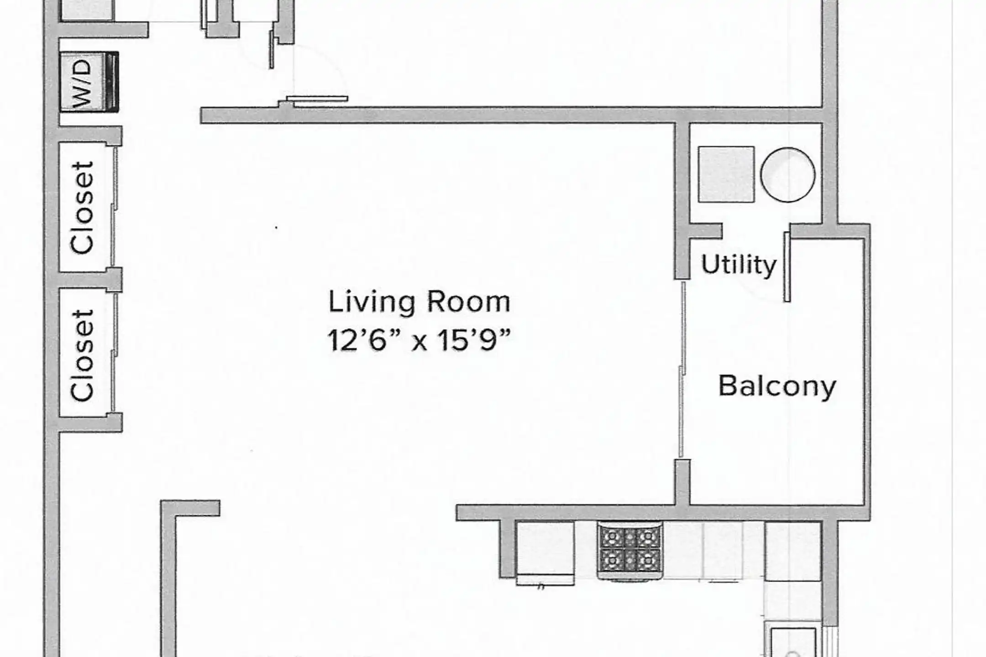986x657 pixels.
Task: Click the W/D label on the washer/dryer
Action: click(x=82, y=84)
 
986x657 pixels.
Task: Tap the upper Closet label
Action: click(x=82, y=208)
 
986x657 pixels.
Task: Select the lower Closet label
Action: click(x=82, y=355)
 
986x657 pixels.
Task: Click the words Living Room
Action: click(x=419, y=302)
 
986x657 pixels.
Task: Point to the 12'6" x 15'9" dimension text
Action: click(x=419, y=340)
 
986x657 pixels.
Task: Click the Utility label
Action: click(x=739, y=264)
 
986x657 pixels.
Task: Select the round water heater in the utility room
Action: click(x=787, y=175)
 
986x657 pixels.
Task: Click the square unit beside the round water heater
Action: click(x=726, y=174)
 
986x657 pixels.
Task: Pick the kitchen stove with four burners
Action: click(x=630, y=551)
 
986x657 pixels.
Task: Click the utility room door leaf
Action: click(x=787, y=267)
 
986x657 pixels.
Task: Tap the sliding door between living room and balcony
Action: click(x=682, y=370)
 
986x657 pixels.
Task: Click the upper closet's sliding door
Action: click(x=115, y=208)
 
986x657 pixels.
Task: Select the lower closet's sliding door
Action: click(x=115, y=354)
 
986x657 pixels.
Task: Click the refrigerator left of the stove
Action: click(x=545, y=553)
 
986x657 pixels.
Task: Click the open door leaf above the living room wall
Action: click(x=317, y=99)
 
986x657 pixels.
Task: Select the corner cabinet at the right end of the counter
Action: click(x=793, y=551)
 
